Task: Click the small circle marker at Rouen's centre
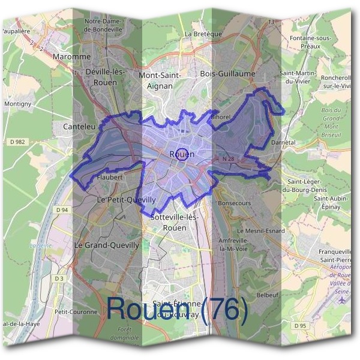(184, 153)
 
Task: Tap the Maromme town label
(71, 57)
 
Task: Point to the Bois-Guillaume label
(228, 74)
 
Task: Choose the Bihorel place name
(221, 116)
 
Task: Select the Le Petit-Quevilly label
(127, 199)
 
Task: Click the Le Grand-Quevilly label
(106, 245)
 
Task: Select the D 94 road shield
(62, 210)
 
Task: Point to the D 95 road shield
(301, 325)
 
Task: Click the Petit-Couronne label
(76, 312)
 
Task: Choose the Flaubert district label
(110, 178)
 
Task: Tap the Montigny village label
(18, 104)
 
